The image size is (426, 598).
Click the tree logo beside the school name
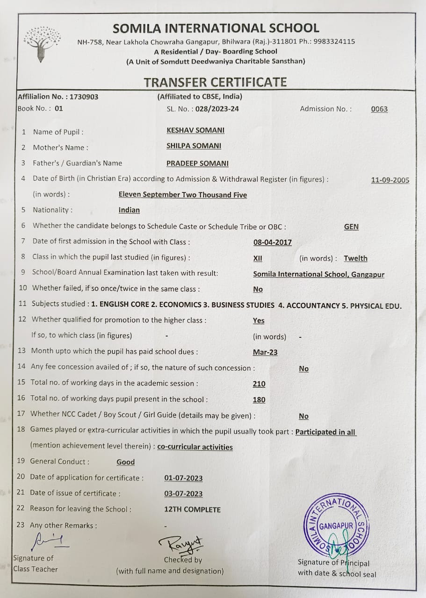pos(42,44)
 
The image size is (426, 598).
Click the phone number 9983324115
pos(334,41)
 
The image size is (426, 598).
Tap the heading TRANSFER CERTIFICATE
pos(215,82)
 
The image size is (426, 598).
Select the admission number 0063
pos(379,109)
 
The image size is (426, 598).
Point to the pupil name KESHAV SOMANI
pos(195,130)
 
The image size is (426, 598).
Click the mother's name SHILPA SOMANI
pos(194,146)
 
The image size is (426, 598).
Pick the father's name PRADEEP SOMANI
pos(197,163)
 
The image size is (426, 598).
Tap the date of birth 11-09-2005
pos(390,180)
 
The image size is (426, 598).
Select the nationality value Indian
pos(129,210)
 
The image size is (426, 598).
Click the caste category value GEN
pos(351,227)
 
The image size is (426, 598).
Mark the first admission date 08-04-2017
pos(272,242)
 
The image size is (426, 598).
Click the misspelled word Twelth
pos(355,258)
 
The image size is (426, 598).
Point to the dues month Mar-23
pos(265,352)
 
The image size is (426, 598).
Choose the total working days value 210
pos(259,384)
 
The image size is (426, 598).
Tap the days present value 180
pos(259,400)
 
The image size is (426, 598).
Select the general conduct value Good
pos(125,462)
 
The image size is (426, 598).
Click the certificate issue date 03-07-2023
pos(183,494)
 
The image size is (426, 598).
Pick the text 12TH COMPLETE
pos(192,509)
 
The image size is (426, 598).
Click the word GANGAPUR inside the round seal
pos(336,527)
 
